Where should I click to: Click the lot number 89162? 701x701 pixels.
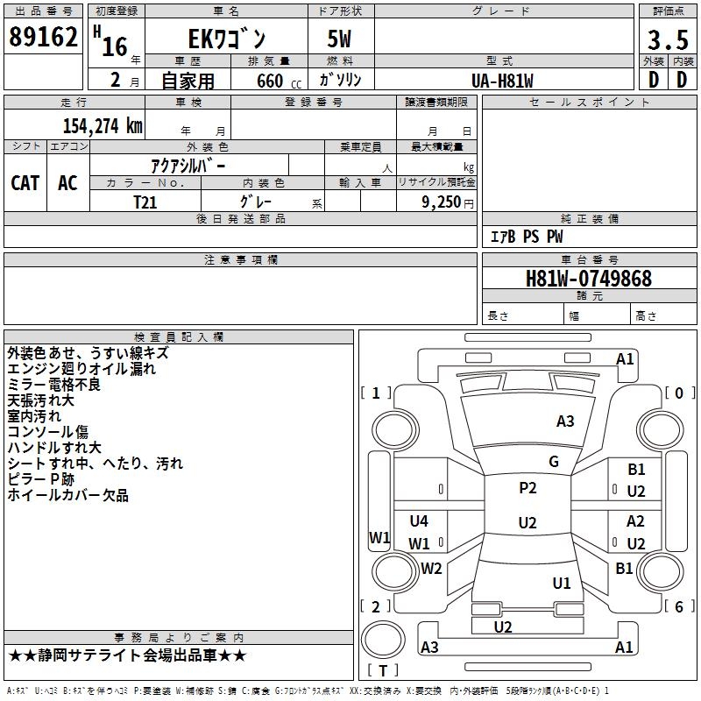click(43, 37)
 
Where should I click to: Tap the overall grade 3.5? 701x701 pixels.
click(668, 40)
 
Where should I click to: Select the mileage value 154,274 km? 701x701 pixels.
click(103, 126)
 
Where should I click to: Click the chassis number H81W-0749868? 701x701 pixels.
click(589, 279)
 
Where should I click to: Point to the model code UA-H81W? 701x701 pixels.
click(502, 81)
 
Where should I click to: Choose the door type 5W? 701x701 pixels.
click(339, 39)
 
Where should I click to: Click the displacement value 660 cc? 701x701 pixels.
click(279, 81)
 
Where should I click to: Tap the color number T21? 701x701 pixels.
click(145, 202)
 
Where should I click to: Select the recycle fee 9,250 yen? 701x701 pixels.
click(448, 202)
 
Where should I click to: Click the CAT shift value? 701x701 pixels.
click(25, 183)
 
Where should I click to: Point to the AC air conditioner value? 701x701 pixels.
click(68, 183)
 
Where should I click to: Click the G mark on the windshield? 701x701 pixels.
click(554, 462)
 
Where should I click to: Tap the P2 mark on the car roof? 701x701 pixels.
click(528, 488)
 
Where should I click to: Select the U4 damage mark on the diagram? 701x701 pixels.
click(419, 520)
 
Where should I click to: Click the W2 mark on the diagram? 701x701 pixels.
click(431, 568)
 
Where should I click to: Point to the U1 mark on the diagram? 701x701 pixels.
click(562, 583)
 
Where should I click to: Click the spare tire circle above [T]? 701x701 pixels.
click(383, 640)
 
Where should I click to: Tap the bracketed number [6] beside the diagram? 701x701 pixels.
click(680, 606)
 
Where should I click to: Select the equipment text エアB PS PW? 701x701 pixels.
click(527, 237)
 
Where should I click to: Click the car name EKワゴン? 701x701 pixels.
click(227, 39)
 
